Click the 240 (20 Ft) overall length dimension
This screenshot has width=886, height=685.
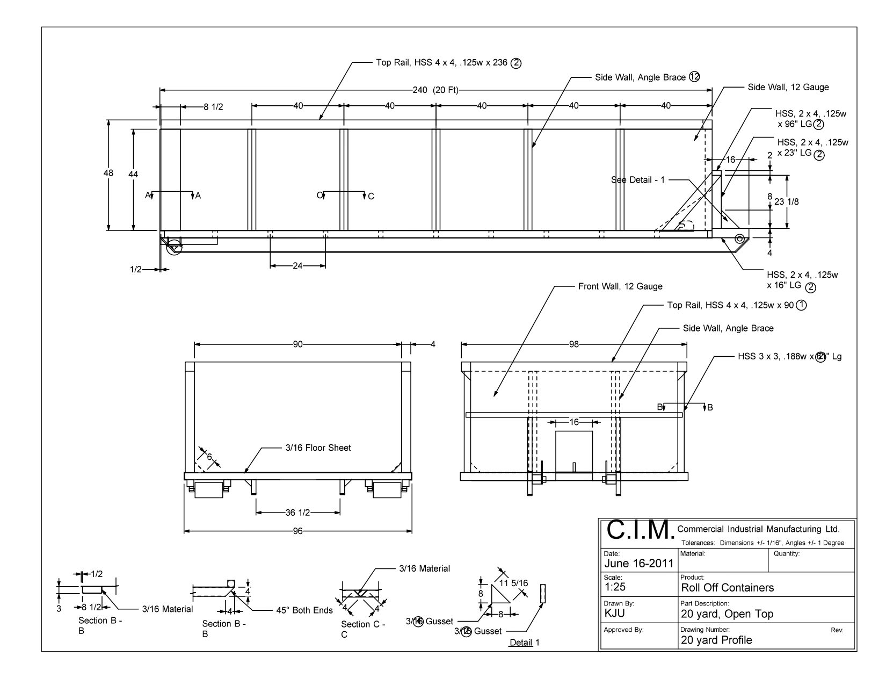pos(435,90)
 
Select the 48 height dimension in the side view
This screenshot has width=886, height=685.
pos(108,173)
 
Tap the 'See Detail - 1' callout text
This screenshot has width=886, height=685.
pos(638,180)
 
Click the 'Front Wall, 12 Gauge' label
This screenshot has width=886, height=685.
pos(620,286)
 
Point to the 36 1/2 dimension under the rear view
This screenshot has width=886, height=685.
pos(298,513)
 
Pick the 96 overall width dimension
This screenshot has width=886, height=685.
pos(298,531)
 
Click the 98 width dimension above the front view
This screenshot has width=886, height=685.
pos(574,344)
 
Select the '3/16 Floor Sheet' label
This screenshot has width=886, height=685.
pos(318,448)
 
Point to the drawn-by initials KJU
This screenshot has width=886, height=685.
pos(614,614)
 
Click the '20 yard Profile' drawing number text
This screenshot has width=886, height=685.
pos(716,640)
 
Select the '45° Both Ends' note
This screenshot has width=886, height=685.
pos(304,610)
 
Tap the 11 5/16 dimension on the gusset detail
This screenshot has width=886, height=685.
pos(514,582)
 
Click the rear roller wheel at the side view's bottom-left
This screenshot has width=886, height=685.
pos(174,248)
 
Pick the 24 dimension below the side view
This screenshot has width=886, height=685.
pos(298,265)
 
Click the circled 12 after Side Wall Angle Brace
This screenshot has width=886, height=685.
pos(694,77)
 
